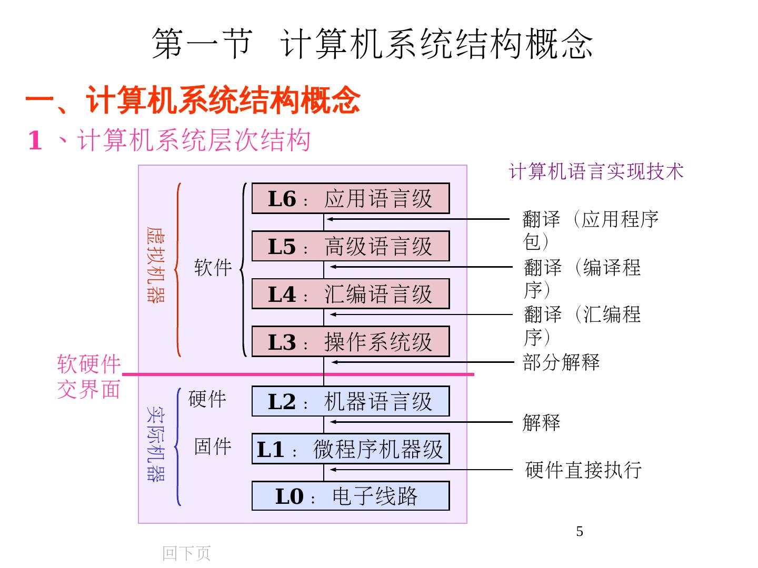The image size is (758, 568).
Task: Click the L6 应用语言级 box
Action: [x=351, y=198]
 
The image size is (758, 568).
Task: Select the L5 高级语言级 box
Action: [x=351, y=246]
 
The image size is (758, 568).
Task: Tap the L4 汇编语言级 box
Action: [x=351, y=294]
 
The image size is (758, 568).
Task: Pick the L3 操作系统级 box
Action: [x=351, y=342]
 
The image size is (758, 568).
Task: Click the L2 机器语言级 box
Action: [x=351, y=401]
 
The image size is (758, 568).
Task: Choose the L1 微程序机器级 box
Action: [x=351, y=449]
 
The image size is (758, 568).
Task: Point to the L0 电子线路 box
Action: [x=351, y=496]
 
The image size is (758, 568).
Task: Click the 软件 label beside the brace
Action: [x=213, y=267]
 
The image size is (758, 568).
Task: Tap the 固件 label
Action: [x=213, y=447]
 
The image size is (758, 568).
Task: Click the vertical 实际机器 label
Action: [x=155, y=443]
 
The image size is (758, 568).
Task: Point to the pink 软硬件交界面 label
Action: [x=89, y=377]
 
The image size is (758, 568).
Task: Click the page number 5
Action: [x=580, y=532]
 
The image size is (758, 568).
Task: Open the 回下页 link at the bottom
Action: [x=186, y=553]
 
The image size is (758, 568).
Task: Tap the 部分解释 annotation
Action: [x=561, y=362]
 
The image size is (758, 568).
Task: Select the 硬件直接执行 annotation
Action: [x=584, y=470]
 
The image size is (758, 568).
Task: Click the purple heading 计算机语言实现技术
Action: [x=596, y=171]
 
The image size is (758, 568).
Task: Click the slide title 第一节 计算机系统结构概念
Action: [x=373, y=44]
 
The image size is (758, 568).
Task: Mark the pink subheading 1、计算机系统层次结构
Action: [x=169, y=140]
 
